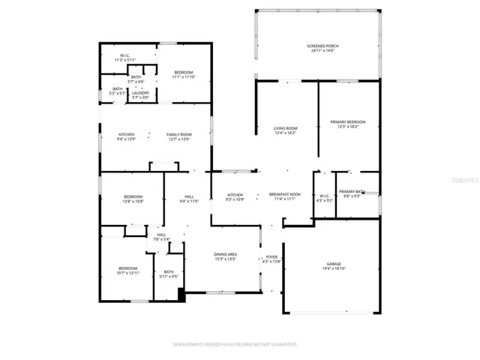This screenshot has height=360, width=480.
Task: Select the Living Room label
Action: coord(285,129)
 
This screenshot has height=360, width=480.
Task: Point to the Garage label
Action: coord(334,264)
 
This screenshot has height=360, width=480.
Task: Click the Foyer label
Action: coord(271,257)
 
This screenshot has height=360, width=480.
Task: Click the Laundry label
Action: coord(140,93)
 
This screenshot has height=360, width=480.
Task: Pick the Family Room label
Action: coord(178,134)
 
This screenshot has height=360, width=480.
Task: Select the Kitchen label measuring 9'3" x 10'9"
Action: coord(235,195)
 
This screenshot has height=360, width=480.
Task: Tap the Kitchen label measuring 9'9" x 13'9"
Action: coord(126,134)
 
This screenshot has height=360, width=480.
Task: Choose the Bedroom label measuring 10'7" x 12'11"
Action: coord(127,268)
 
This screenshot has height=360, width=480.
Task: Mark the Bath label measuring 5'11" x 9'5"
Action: coord(169,272)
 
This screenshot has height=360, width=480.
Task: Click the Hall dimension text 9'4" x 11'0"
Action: coord(188,201)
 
